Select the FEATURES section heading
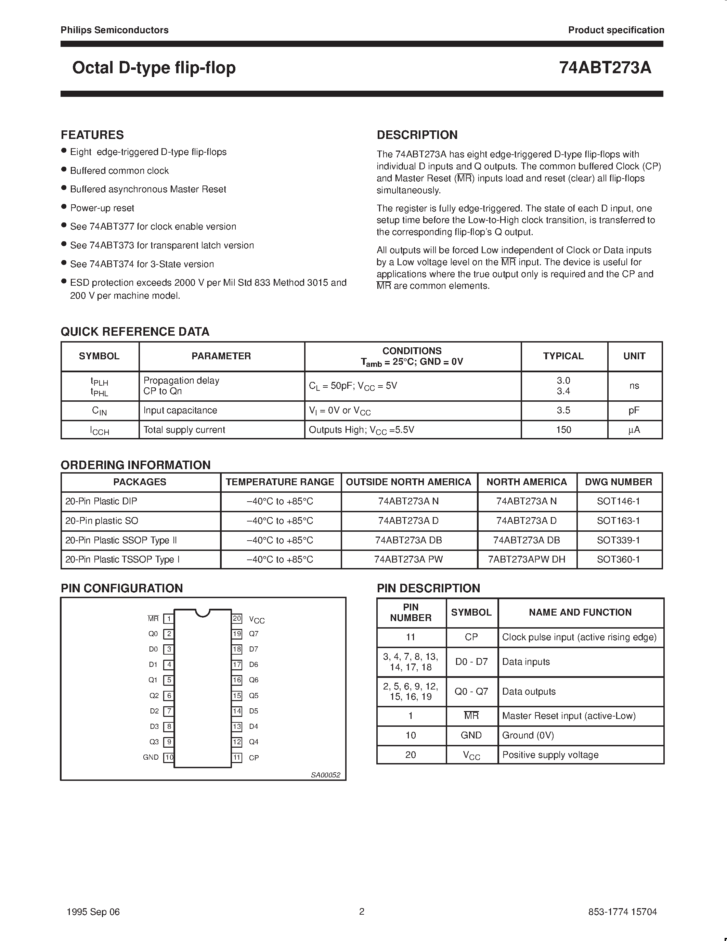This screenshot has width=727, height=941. tap(92, 135)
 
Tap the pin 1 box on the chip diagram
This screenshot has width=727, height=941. tap(169, 619)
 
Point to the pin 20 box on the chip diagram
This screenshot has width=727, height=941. tap(237, 619)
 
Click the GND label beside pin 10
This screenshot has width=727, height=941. tap(151, 757)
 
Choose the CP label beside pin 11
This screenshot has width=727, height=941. tap(254, 758)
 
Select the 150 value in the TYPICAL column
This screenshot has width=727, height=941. tap(563, 429)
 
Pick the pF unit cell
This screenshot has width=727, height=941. tap(634, 410)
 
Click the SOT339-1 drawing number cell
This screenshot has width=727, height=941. tap(619, 540)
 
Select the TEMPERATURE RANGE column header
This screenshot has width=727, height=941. tap(280, 482)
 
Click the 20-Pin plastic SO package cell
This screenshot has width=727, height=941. tap(102, 520)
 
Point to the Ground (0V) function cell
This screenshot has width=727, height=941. tap(528, 735)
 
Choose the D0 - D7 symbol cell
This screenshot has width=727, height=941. tap(471, 661)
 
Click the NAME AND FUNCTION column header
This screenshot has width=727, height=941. tap(580, 612)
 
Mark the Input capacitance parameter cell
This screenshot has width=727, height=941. tap(180, 410)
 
